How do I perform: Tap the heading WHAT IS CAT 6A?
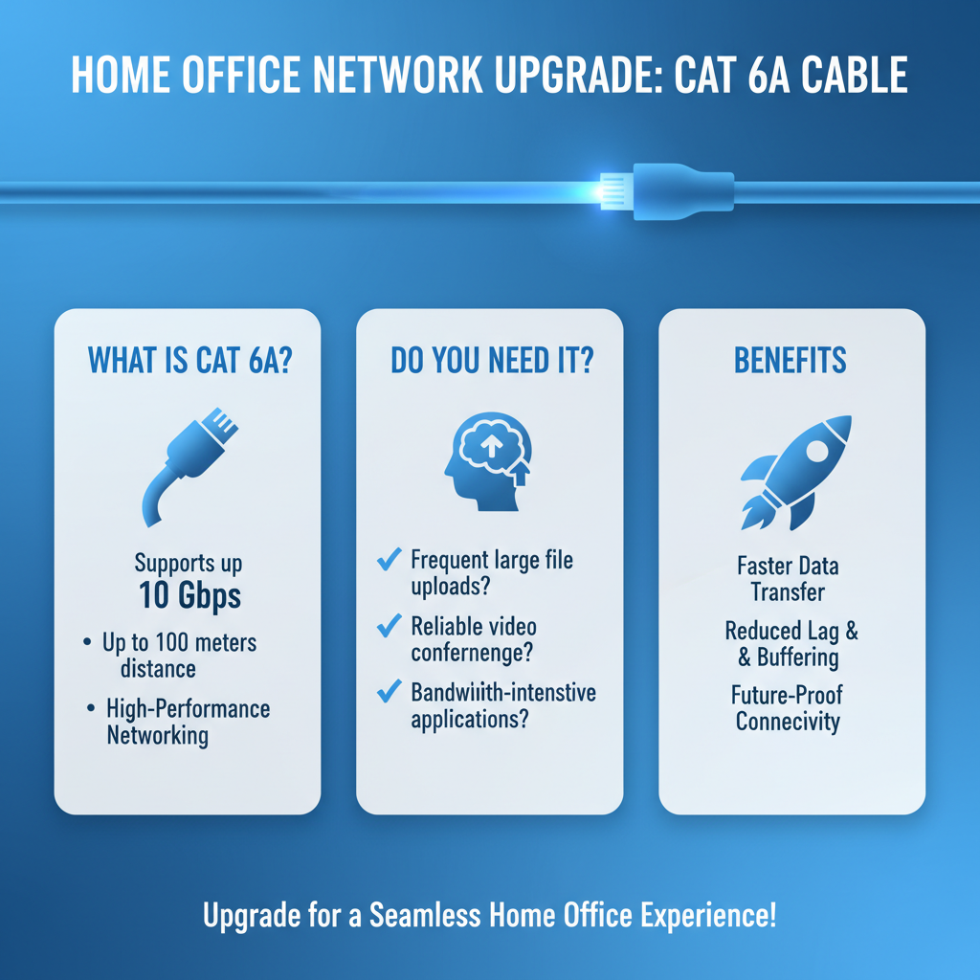[189, 361]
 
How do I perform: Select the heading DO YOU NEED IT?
[491, 361]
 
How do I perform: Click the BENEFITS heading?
[791, 361]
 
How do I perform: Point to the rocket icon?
[795, 471]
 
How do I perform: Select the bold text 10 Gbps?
[189, 595]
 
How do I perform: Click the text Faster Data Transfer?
[788, 579]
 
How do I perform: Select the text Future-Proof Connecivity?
[788, 707]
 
